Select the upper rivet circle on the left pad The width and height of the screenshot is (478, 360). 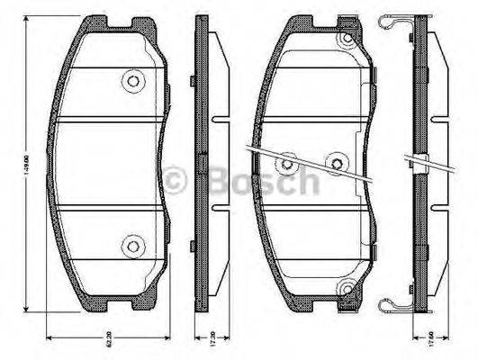point(133,81)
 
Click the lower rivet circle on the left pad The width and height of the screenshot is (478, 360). point(133,243)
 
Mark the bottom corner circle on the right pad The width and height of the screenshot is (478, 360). point(346,288)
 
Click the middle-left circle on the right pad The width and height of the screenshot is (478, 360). point(287,164)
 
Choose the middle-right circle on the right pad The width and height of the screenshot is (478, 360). point(338,163)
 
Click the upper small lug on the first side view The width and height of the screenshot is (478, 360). point(194,82)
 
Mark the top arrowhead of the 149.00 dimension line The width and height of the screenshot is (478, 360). point(35,21)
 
